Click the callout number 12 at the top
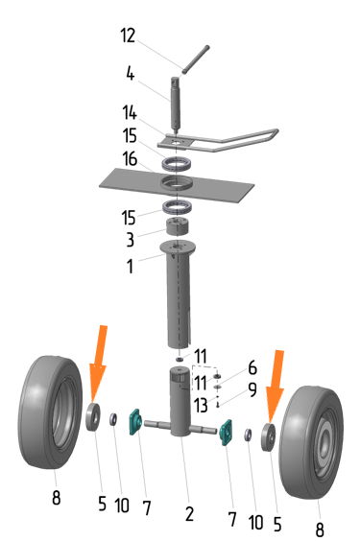pyautogui.click(x=128, y=35)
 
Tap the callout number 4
pyautogui.click(x=131, y=74)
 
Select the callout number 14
pyautogui.click(x=130, y=113)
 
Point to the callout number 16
pyautogui.click(x=130, y=158)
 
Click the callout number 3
pyautogui.click(x=131, y=240)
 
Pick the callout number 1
pyautogui.click(x=130, y=266)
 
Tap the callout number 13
pyautogui.click(x=201, y=405)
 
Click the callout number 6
pyautogui.click(x=252, y=367)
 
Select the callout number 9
pyautogui.click(x=252, y=389)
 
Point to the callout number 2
pyautogui.click(x=189, y=514)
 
